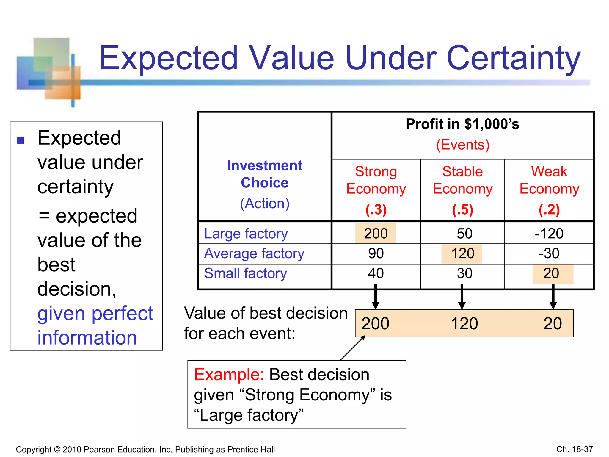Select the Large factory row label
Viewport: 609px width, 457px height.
coord(246,234)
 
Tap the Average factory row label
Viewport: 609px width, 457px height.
coord(254,253)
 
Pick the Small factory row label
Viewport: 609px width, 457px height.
coord(246,273)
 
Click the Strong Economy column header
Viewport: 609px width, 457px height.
coord(376,180)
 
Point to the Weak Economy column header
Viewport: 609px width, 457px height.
coord(549,180)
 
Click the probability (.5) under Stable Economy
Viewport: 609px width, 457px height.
coord(462,209)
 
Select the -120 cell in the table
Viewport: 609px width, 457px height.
coord(549,234)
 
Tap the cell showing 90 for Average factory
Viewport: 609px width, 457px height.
coord(376,253)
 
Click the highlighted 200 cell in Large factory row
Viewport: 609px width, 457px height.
coord(376,234)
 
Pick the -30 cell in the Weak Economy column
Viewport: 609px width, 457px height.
coord(549,253)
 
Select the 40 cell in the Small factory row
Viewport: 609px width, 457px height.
coord(376,273)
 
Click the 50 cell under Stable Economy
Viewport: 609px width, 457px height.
coord(464,234)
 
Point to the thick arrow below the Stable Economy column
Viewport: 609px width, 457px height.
coord(462,297)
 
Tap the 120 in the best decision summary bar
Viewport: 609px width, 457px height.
coord(464,323)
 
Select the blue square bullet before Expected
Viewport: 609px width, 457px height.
coord(21,140)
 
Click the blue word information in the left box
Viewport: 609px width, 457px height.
coord(87,338)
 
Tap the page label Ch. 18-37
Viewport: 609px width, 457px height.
coord(575,449)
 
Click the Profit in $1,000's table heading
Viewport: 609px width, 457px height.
coord(462,124)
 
